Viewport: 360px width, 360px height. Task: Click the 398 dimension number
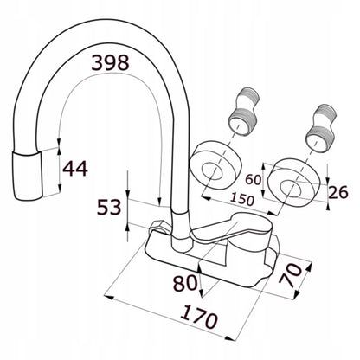pos(110,62)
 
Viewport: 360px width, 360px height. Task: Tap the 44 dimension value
pos(75,169)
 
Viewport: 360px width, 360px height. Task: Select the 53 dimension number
pos(109,207)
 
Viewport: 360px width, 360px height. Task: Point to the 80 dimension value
pos(185,283)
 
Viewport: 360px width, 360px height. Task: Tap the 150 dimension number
pos(242,199)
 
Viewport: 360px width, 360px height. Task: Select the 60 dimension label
pos(254,180)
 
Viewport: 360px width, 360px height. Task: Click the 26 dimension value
pos(338,192)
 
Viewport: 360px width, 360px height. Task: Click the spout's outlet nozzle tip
pos(28,176)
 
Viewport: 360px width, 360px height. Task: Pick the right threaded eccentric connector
pos(320,128)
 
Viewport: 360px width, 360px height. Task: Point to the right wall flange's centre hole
pos(291,189)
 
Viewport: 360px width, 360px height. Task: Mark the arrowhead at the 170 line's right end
pos(231,338)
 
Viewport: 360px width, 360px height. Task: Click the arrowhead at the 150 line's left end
pos(205,198)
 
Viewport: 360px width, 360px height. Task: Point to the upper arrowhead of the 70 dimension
pos(308,267)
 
